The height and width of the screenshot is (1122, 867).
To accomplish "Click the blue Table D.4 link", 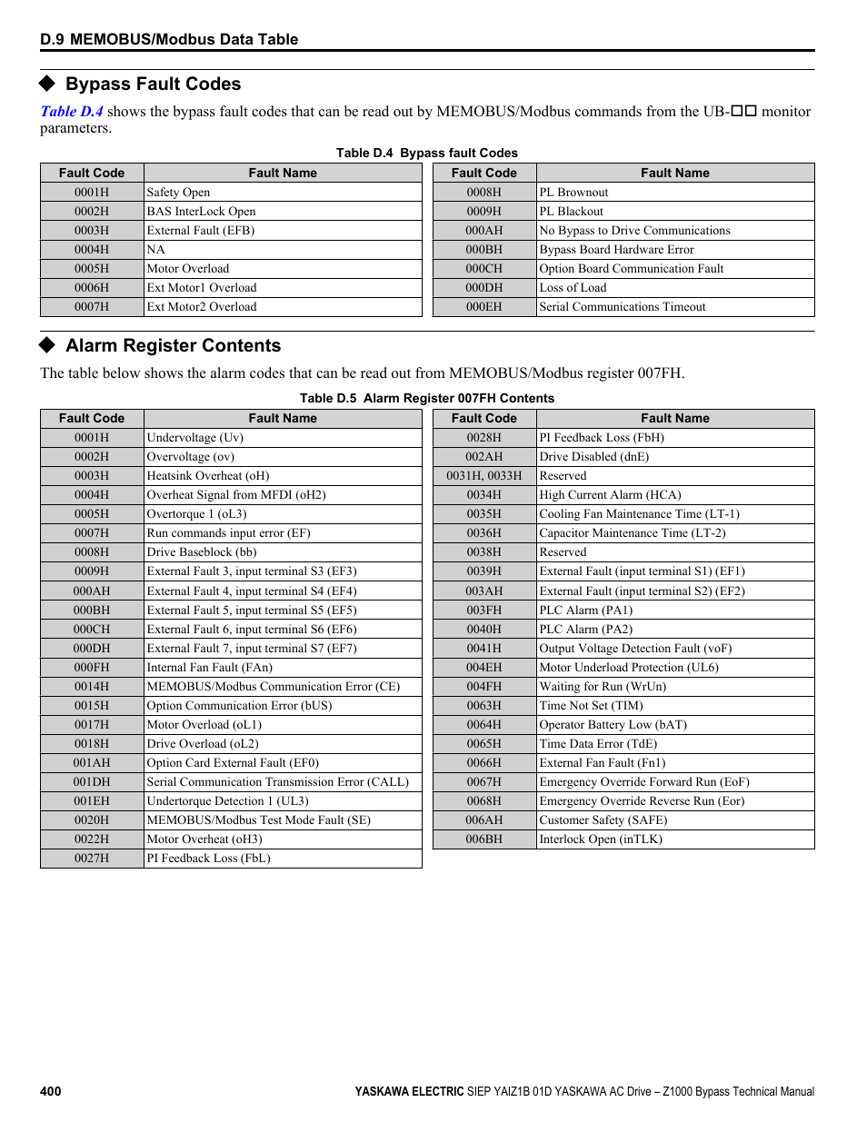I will (72, 112).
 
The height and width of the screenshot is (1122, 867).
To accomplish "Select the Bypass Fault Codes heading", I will (153, 84).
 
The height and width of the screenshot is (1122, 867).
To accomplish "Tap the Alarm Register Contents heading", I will (173, 346).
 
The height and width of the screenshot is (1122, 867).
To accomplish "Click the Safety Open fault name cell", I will (179, 193).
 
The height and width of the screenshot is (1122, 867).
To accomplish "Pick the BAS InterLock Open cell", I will (202, 212).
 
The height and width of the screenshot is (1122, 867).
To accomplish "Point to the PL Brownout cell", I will (573, 193).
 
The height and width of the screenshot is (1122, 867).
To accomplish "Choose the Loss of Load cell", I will (573, 288).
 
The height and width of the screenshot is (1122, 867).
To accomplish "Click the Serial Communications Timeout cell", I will (623, 307).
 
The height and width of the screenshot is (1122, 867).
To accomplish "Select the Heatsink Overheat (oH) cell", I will (208, 476).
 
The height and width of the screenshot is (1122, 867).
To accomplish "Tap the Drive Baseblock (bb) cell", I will (202, 552).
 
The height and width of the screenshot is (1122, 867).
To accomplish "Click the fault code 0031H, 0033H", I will (483, 476).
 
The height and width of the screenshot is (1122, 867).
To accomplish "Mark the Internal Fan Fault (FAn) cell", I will (210, 668).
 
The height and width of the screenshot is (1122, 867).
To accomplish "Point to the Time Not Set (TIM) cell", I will (591, 706).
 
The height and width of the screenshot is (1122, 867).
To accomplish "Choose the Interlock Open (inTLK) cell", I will (601, 839).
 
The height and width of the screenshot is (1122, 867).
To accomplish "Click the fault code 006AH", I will (483, 820).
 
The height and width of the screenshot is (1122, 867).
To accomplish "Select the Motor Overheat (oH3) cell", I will (204, 839).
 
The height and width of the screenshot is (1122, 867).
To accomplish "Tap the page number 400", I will (51, 1091).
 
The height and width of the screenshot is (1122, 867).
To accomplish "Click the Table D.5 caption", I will (426, 399).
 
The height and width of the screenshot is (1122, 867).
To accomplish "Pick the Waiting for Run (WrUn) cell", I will (603, 687).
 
